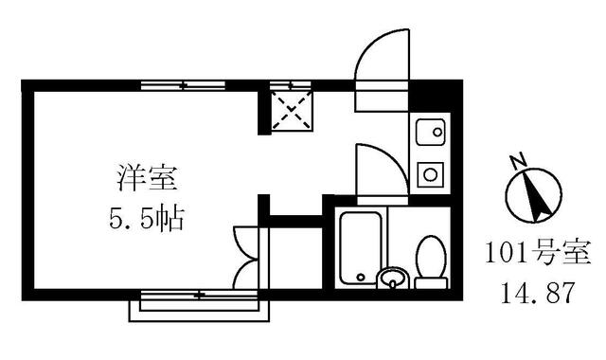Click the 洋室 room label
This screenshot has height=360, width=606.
[143, 176]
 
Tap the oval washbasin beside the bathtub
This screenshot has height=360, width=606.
[391, 279]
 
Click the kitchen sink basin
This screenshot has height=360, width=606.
[431, 131]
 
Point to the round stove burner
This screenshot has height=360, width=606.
[430, 174]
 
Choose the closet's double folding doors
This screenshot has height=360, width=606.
[243, 258]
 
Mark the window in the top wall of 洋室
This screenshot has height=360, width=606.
[184, 85]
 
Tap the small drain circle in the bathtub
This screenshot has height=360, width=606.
[361, 278]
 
